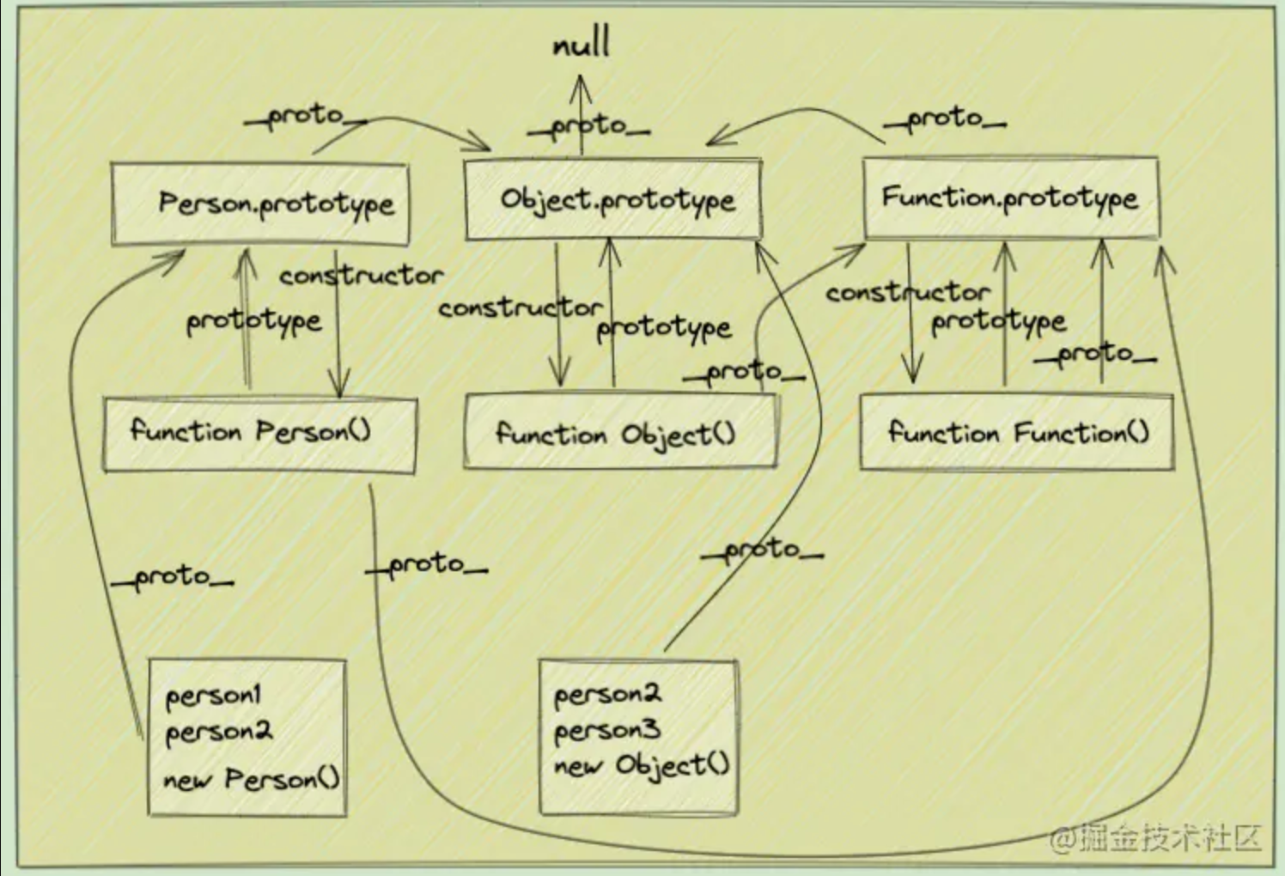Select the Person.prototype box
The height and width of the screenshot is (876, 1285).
(x=260, y=204)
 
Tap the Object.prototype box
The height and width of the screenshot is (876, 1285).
(x=613, y=199)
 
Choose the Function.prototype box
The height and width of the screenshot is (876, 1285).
(x=1010, y=198)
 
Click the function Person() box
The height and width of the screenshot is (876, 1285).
(x=259, y=433)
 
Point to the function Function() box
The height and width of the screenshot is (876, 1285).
(x=1016, y=432)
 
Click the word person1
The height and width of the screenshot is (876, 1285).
(x=214, y=695)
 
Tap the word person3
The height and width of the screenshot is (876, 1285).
(x=606, y=731)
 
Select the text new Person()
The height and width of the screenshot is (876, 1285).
(x=251, y=779)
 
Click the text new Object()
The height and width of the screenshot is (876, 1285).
(x=642, y=764)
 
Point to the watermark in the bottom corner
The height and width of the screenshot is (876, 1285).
(x=1156, y=836)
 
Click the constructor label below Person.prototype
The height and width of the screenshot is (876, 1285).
(x=361, y=276)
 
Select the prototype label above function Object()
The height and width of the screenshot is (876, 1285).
(x=664, y=327)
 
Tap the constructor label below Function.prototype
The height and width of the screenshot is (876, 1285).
(x=907, y=293)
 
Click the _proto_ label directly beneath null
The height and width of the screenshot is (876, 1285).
(x=589, y=127)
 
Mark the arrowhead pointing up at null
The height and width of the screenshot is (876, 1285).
(x=582, y=85)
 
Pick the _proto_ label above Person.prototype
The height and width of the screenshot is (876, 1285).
(x=305, y=116)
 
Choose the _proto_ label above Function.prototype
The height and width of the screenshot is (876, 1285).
(x=945, y=119)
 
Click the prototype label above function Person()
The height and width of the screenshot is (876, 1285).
(x=254, y=321)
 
